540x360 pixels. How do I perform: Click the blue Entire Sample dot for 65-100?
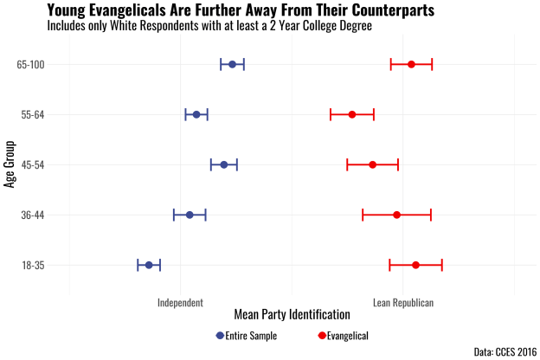(x=232, y=64)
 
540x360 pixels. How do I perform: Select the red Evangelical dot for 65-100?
(x=411, y=64)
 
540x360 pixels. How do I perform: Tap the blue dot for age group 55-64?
(x=196, y=114)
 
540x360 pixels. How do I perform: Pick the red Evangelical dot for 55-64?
(x=352, y=114)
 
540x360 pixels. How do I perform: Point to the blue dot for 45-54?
(x=224, y=164)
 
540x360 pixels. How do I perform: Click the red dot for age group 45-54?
(x=373, y=164)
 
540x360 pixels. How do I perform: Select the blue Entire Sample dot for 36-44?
(x=190, y=215)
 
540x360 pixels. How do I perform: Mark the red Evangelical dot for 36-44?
(x=397, y=215)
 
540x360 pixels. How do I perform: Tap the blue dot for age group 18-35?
(x=149, y=265)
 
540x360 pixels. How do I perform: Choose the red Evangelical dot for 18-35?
(x=416, y=265)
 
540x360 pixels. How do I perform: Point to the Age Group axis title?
(x=10, y=164)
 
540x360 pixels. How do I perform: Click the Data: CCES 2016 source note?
(x=505, y=351)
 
